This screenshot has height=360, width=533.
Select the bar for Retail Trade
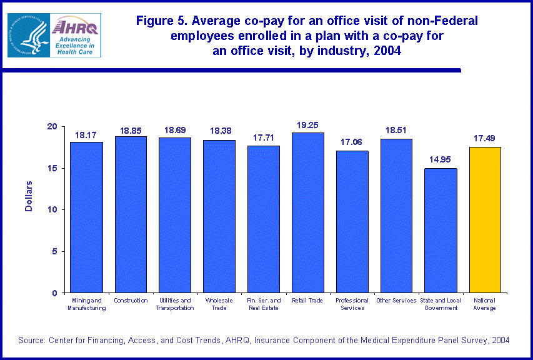click(307, 212)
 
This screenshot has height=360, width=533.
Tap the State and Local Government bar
click(441, 231)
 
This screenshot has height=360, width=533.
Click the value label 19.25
click(307, 125)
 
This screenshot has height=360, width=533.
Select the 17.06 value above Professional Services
click(352, 143)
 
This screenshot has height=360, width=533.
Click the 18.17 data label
click(86, 134)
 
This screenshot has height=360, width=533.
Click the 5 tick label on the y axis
click(54, 251)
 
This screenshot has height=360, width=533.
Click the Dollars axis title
click(29, 196)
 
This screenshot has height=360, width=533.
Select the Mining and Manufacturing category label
click(86, 304)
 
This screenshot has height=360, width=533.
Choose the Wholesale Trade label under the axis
click(219, 304)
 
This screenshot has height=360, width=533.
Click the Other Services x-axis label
click(396, 301)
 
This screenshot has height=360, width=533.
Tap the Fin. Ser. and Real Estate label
click(263, 304)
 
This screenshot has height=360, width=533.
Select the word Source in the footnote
click(31, 340)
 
